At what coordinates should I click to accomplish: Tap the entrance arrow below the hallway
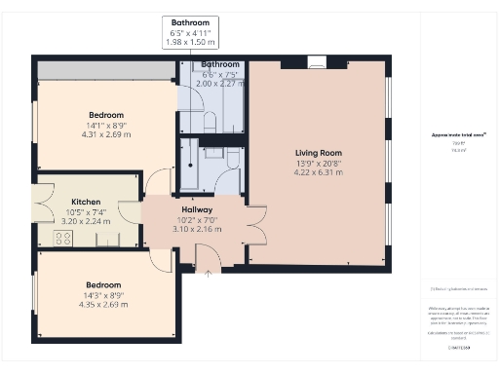(207, 272)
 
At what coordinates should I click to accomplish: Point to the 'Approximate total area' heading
(458, 134)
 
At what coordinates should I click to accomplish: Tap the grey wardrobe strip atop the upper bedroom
(106, 70)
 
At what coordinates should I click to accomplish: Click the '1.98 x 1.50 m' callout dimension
(191, 44)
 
